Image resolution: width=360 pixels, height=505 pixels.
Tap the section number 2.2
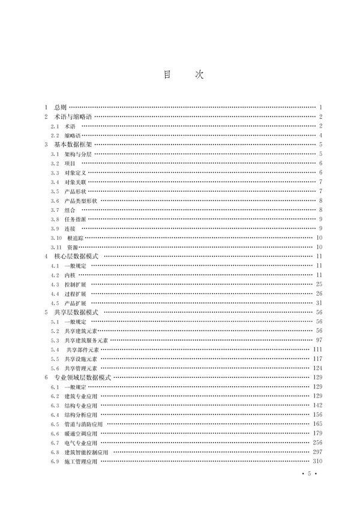(55, 136)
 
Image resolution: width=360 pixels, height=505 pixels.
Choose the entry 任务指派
(76, 219)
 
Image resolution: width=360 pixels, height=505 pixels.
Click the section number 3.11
(56, 247)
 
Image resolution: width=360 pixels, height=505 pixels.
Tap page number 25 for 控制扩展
(319, 284)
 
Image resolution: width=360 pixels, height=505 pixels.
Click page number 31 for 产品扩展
(319, 303)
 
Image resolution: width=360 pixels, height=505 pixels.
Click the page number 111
(317, 350)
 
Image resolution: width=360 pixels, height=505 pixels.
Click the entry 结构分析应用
(80, 415)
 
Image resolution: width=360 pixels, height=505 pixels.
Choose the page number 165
(317, 424)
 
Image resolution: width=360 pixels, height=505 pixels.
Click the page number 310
(317, 461)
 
